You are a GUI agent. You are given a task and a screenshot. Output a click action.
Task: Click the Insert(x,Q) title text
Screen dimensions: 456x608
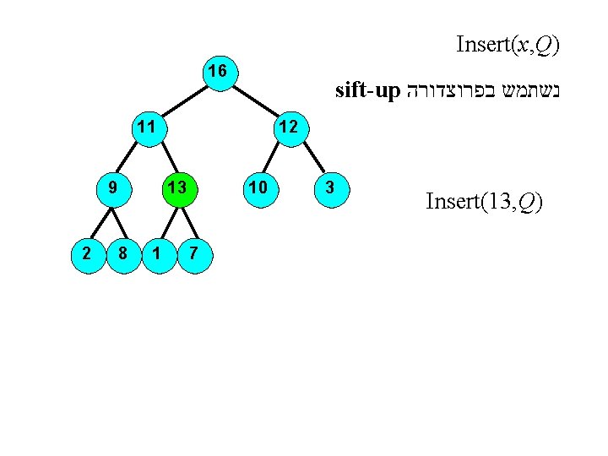(508, 44)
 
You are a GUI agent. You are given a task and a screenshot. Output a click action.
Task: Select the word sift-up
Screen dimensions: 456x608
(366, 90)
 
